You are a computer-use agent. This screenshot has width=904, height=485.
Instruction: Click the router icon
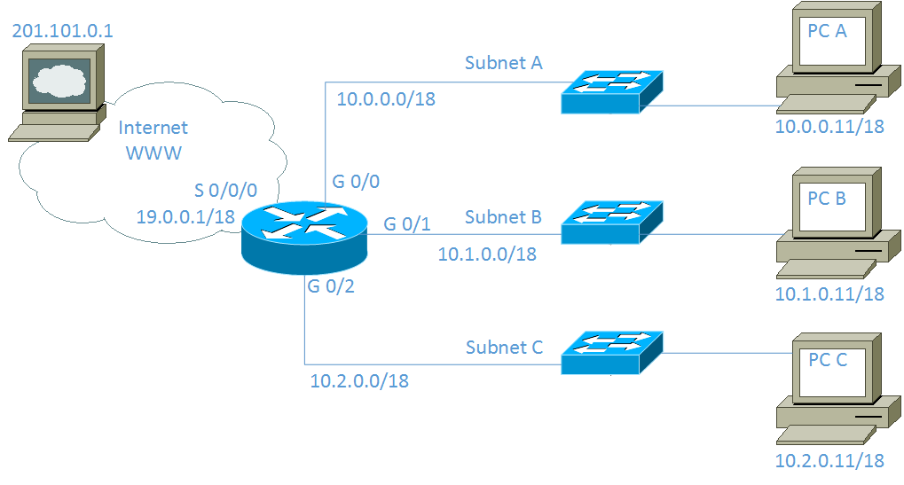(x=304, y=235)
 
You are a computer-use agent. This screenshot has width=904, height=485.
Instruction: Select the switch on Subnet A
(x=613, y=90)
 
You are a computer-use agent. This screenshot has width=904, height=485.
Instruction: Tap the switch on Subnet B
(x=613, y=222)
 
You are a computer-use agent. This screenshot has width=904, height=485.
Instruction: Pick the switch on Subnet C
(x=613, y=352)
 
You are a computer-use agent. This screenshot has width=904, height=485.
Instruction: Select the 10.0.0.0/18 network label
(x=386, y=98)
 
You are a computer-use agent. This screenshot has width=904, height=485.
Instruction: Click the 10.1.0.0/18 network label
(x=487, y=254)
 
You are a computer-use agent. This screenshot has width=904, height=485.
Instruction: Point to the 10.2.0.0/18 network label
(x=358, y=381)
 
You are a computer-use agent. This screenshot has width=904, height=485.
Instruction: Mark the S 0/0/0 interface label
(x=225, y=191)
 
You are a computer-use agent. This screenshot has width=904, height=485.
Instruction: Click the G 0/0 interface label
(x=356, y=182)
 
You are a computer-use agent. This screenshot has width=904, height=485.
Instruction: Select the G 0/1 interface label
(x=407, y=224)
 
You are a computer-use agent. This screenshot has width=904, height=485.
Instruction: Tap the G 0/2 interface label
(x=331, y=286)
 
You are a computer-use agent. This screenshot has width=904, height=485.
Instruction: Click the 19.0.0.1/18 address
(x=185, y=215)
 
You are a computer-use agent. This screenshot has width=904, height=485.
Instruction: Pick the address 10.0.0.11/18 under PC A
(x=829, y=126)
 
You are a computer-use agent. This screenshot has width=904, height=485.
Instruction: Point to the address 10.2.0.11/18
(x=829, y=460)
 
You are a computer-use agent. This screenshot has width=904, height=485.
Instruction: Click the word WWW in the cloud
(x=153, y=153)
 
